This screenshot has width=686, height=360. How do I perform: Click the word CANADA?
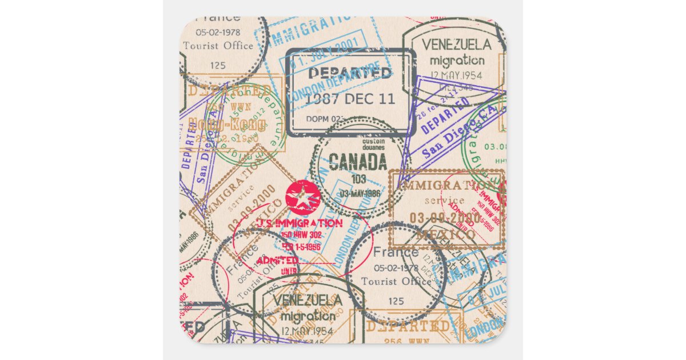[x=358, y=162]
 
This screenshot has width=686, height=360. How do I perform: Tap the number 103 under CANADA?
[x=359, y=179]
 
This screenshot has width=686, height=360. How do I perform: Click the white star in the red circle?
[x=303, y=198]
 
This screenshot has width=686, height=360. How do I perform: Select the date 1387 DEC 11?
[x=349, y=98]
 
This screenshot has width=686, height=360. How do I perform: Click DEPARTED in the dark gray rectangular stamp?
[x=350, y=73]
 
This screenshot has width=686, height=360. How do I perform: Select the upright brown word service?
[x=445, y=201]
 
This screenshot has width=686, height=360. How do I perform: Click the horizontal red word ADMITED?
[x=277, y=261]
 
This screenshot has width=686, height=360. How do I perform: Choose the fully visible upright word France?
[x=396, y=252]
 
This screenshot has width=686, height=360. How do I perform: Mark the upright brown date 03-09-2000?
[x=445, y=218]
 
